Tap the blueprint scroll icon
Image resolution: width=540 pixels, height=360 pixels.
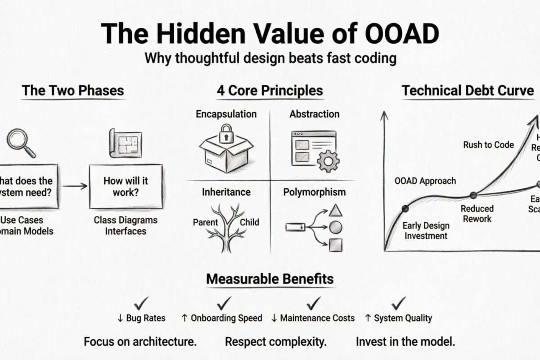122,143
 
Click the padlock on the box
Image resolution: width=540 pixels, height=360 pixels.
226,135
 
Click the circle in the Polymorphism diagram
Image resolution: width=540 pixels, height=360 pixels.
334,227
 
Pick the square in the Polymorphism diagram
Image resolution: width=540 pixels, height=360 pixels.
335,245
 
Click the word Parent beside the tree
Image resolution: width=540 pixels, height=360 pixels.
206,222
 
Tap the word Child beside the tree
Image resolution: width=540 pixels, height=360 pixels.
249,222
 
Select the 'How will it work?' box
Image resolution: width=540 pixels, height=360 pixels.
126,186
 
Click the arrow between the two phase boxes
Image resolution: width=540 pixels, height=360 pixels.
74,185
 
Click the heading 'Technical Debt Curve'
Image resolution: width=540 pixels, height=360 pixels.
468,90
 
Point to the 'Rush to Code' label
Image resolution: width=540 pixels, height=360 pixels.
488,145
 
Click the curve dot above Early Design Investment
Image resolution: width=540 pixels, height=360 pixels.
405,208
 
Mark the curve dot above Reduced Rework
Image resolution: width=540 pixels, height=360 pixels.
473,195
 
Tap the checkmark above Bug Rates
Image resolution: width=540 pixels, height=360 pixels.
141,302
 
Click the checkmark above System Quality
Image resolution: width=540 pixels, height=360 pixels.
398,302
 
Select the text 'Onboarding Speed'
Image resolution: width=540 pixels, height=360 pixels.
226,318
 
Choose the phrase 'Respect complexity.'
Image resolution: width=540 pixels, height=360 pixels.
276,342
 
